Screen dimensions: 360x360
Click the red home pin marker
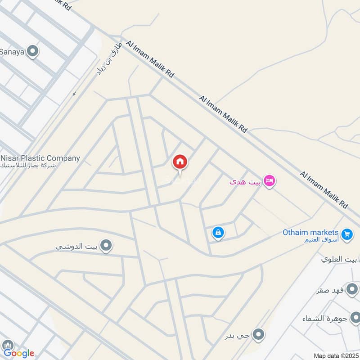(x=180, y=162)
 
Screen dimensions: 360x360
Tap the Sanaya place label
(x=12, y=52)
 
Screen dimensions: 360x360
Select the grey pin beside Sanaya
(x=32, y=52)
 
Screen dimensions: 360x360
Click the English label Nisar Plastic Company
(x=40, y=158)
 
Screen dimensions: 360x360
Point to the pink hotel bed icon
(x=270, y=181)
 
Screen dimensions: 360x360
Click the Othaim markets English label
(x=310, y=232)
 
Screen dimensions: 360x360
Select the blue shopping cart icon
(x=346, y=234)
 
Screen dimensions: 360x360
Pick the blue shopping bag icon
(x=218, y=233)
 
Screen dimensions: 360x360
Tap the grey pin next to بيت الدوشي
(x=107, y=246)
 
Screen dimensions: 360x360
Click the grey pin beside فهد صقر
(x=352, y=288)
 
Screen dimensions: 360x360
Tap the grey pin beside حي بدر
(x=258, y=334)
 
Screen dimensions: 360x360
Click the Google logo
(x=18, y=353)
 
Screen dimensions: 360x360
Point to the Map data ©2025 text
(x=335, y=355)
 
